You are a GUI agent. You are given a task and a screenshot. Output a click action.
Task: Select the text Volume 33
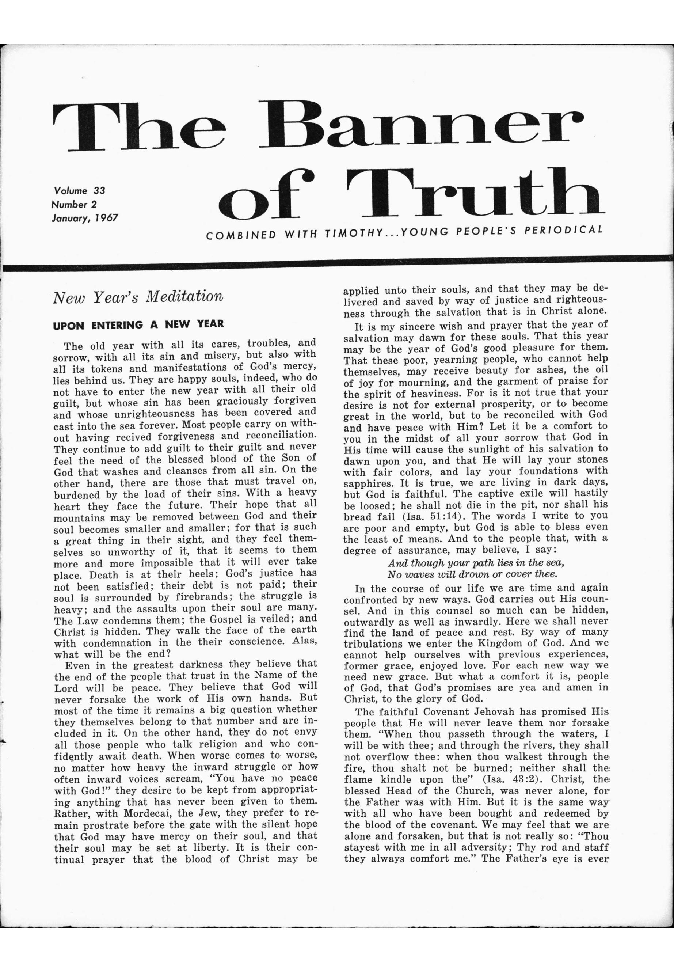point(79,190)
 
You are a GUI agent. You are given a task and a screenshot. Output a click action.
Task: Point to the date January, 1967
point(85,219)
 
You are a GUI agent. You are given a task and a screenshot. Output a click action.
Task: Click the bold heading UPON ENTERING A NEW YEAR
point(138,325)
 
